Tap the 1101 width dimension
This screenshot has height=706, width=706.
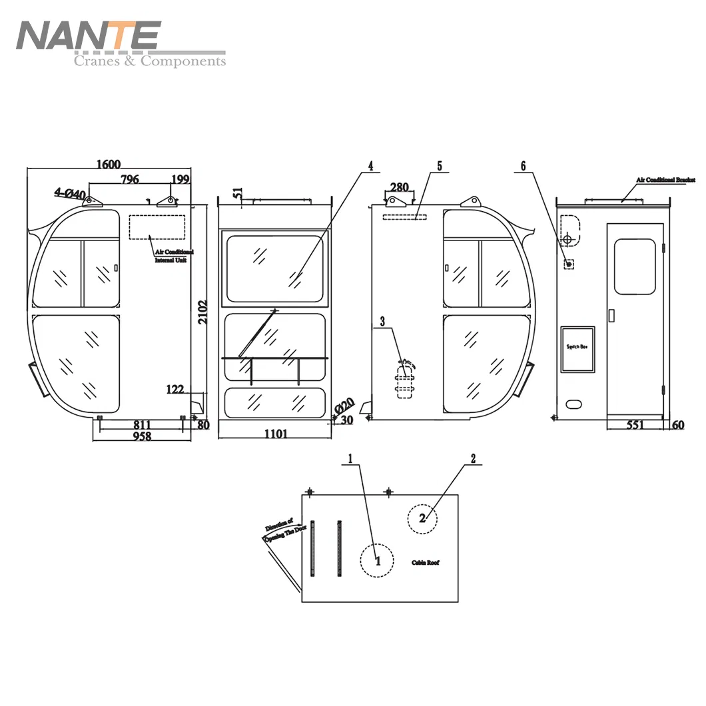click(x=276, y=434)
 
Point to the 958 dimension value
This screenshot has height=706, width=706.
click(x=141, y=436)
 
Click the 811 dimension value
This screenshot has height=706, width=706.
click(x=141, y=424)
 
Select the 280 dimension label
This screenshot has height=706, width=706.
click(x=399, y=187)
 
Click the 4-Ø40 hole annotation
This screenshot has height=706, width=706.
click(x=70, y=194)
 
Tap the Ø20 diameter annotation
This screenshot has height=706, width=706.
click(x=345, y=406)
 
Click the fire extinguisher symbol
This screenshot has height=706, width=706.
click(x=404, y=380)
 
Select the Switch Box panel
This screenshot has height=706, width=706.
click(x=577, y=349)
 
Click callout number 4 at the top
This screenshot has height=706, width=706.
click(x=370, y=165)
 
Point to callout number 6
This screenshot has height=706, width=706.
click(x=523, y=165)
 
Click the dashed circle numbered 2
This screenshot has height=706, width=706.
click(x=422, y=518)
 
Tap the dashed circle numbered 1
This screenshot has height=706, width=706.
click(x=378, y=560)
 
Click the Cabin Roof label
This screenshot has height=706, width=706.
click(x=425, y=563)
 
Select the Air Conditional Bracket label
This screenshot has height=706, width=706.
click(x=665, y=180)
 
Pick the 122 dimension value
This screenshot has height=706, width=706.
click(x=176, y=390)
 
